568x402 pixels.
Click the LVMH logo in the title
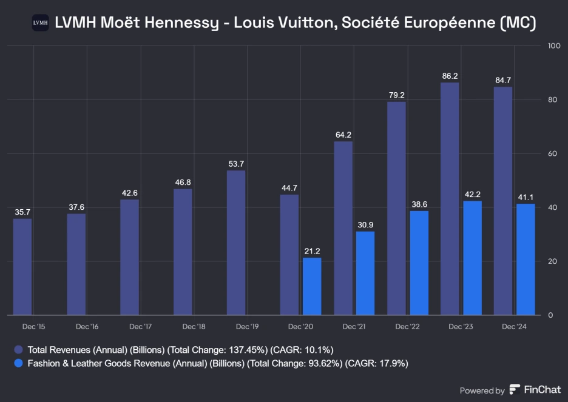40,23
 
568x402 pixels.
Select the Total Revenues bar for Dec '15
22,267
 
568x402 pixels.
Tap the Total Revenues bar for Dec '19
236,243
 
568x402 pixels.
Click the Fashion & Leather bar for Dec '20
312,286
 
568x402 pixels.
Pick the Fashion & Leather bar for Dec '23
472,258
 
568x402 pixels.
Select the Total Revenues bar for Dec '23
450,199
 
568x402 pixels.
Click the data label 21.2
312,251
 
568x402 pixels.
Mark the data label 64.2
343,135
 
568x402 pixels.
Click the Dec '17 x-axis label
140,327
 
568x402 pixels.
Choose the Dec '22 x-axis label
407,327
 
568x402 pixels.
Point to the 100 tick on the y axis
553,45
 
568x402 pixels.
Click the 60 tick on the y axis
553,153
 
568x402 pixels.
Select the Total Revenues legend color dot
18,350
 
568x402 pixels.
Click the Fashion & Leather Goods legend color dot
18,364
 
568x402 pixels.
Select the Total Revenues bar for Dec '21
343,229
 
